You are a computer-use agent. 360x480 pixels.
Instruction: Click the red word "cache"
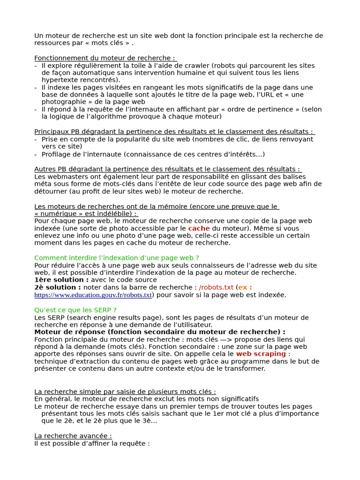199,228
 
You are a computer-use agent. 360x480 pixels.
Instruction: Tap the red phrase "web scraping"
261,354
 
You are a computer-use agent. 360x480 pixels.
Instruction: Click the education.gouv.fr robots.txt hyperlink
93,295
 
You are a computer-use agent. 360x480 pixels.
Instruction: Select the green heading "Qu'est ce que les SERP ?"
75,310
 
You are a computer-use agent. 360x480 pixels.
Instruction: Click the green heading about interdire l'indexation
117,258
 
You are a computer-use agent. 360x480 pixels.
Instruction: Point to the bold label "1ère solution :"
61,280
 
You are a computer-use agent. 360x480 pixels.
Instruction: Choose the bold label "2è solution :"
58,287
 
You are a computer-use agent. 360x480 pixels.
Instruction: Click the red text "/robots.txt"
216,287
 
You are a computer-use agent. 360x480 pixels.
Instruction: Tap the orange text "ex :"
245,287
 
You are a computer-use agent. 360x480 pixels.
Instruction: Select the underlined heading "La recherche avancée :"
73,436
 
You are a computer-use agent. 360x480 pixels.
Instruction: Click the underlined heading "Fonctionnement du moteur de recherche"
105,58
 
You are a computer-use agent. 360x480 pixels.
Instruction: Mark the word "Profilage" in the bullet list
56,154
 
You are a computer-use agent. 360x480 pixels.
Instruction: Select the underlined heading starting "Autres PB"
168,169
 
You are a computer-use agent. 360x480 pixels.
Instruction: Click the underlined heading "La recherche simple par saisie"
125,391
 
